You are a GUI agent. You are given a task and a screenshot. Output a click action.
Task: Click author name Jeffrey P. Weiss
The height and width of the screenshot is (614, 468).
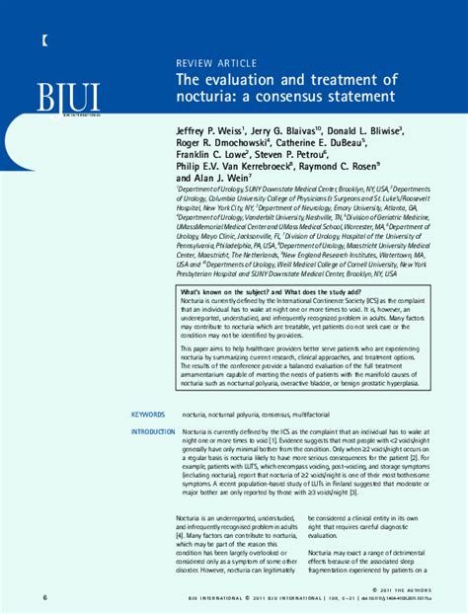pos(214,129)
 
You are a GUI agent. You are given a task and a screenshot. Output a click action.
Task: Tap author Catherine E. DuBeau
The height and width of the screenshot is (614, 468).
pos(332,142)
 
